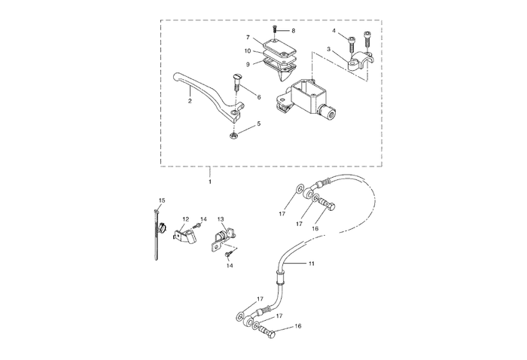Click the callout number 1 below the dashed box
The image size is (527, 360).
(x=210, y=182)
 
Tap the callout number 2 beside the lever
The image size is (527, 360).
(x=190, y=101)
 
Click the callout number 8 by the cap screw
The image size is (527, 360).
(x=294, y=30)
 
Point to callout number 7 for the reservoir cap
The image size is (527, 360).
(x=247, y=37)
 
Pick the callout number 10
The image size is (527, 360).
(x=247, y=51)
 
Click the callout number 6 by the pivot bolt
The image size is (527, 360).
(x=259, y=97)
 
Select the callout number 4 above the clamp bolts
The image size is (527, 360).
(x=334, y=31)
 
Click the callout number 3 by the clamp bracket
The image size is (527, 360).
(x=329, y=48)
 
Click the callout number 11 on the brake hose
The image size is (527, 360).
(x=312, y=264)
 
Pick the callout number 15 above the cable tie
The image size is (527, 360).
(x=160, y=200)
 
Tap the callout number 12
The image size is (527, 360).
(x=185, y=219)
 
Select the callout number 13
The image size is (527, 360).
(x=221, y=219)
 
